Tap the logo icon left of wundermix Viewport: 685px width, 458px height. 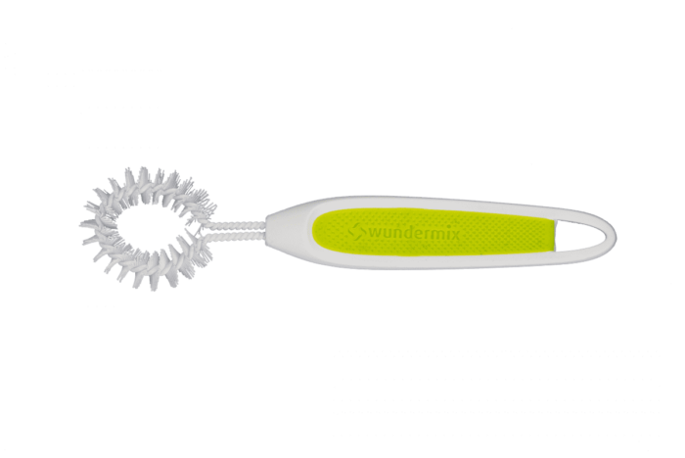click(357, 233)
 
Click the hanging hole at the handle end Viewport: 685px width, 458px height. click(581, 236)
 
